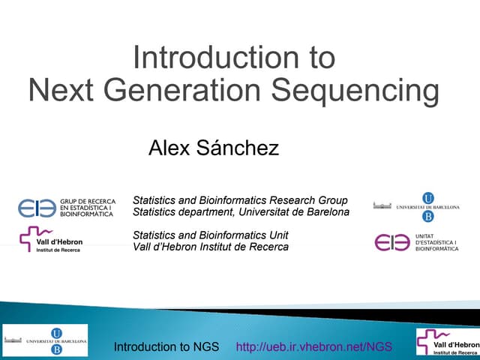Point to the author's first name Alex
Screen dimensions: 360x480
click(169, 148)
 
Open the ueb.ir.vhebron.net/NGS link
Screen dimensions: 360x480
click(314, 346)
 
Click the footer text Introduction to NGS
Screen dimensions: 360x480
click(166, 346)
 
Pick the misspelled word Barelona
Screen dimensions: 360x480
click(325, 212)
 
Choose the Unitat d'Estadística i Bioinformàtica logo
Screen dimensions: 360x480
click(415, 242)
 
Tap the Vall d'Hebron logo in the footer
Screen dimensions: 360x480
click(447, 341)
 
